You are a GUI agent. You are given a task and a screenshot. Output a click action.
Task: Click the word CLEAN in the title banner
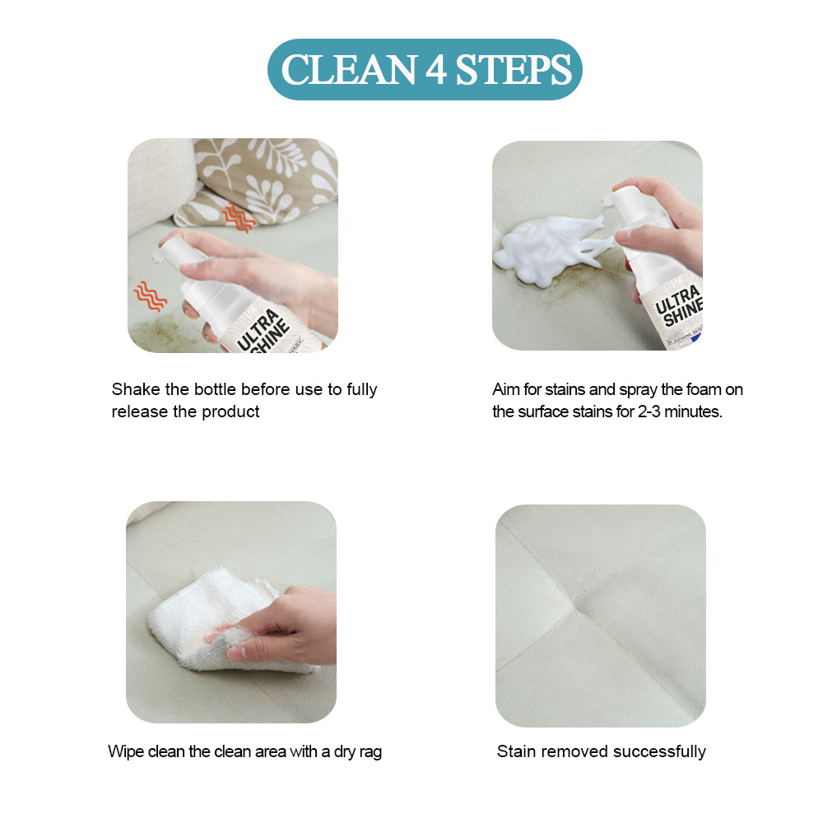tap(349, 69)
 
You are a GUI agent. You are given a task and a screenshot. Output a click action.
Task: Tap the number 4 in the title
tap(436, 69)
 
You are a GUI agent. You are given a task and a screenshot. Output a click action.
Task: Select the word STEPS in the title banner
tap(514, 69)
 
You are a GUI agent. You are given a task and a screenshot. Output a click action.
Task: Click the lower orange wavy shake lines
tap(150, 296)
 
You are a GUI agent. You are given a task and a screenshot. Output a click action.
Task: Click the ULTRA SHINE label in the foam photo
tap(679, 306)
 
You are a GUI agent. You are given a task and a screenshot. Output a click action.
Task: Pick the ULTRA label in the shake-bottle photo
tap(258, 329)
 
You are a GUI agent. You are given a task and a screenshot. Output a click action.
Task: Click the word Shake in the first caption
tap(136, 389)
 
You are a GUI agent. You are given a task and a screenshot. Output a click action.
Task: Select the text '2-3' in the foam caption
tap(649, 411)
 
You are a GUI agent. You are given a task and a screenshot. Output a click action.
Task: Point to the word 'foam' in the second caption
tap(704, 389)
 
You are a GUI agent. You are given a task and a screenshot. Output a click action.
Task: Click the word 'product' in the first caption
tap(230, 412)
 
